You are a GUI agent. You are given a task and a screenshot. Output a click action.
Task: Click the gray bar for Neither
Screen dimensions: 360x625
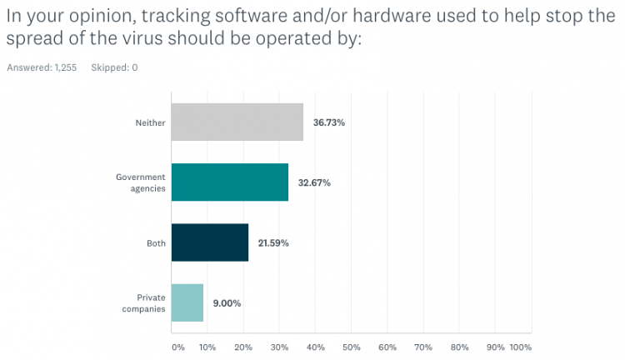pos(237,122)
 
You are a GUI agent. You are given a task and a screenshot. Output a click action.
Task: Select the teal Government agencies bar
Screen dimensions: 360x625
pos(230,182)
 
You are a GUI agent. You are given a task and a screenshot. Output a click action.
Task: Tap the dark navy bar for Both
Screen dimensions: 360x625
pos(210,242)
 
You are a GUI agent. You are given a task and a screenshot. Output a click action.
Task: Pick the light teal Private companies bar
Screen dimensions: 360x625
pos(187,302)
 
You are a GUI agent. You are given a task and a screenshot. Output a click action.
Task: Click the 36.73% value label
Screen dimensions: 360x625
pos(329,122)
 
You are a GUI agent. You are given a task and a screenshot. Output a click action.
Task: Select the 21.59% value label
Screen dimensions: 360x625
pos(273,243)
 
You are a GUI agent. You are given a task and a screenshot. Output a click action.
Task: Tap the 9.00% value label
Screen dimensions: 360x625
pos(226,303)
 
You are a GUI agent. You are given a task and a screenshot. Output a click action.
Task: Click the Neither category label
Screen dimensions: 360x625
pos(151,123)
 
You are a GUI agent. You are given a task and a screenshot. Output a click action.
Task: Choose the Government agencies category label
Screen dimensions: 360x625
pos(141,182)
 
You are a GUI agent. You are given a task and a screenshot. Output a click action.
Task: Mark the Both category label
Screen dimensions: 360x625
pos(156,243)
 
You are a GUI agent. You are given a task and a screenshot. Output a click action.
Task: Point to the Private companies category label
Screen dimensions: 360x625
pos(146,302)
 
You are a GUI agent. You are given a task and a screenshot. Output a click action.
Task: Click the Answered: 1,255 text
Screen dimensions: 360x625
pos(42,67)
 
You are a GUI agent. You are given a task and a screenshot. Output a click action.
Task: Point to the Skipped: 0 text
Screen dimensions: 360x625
pos(114,67)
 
